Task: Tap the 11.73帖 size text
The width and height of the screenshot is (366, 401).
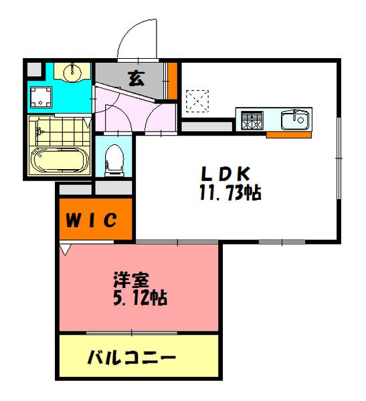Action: click(x=230, y=194)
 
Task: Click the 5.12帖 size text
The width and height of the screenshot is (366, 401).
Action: click(x=140, y=297)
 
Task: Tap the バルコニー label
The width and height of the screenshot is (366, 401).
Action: click(x=132, y=358)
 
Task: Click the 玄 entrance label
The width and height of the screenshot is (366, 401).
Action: click(x=136, y=78)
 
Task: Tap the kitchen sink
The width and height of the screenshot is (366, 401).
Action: click(x=295, y=120)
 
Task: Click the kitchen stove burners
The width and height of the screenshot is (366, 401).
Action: click(x=252, y=121)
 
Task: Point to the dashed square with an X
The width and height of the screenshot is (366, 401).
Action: click(x=197, y=102)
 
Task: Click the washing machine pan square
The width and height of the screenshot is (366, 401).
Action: click(x=43, y=97)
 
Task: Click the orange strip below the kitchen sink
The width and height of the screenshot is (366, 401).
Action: click(x=288, y=135)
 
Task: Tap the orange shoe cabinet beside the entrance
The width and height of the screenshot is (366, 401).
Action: click(x=173, y=80)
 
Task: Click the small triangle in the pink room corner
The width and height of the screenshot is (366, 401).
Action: click(x=65, y=249)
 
